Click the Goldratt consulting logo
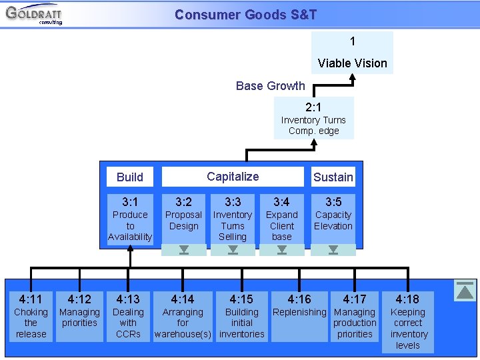(x=33, y=14)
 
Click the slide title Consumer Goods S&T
(x=245, y=15)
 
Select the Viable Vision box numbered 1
(x=352, y=53)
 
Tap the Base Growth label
(x=270, y=86)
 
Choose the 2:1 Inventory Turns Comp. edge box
(x=313, y=118)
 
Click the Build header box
(x=129, y=177)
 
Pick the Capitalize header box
(x=233, y=177)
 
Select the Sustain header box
(x=333, y=177)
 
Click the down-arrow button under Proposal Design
(x=184, y=251)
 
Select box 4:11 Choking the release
(x=31, y=316)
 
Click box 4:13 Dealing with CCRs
(x=128, y=316)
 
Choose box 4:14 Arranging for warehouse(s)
(x=183, y=316)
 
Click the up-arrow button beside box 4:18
(x=465, y=291)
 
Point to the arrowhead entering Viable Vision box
(x=353, y=77)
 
